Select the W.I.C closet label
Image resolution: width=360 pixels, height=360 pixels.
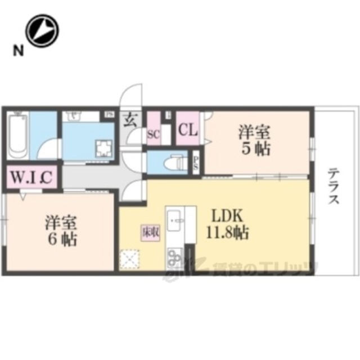(31, 178)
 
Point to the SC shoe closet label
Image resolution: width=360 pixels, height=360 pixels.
(152, 134)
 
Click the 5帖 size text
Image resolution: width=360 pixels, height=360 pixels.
(256, 148)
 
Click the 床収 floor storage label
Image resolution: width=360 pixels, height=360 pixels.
(148, 231)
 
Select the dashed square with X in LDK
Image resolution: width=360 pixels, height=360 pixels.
(130, 258)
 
